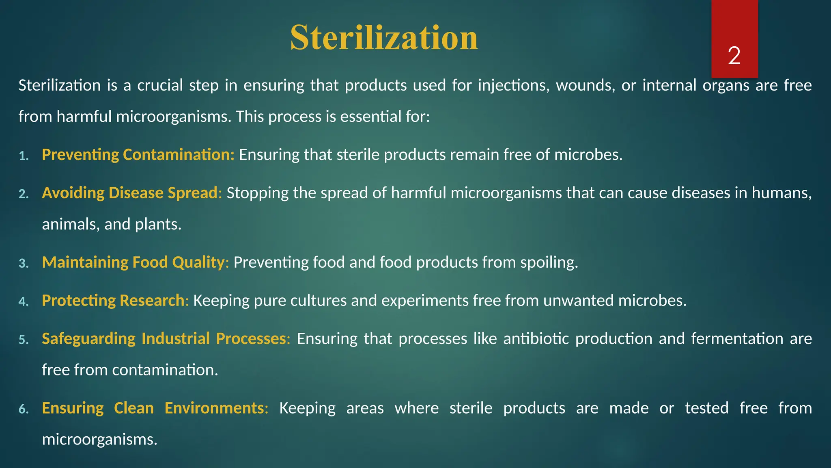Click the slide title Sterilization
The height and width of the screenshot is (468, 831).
[384, 37]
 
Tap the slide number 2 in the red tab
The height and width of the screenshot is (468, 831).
[734, 56]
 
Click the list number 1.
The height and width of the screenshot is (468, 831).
[24, 156]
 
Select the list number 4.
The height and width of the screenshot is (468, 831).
[24, 302]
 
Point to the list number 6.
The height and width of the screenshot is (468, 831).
[24, 409]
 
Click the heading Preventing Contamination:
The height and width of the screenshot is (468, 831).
[138, 155]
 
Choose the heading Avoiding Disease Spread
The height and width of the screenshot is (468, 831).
[130, 193]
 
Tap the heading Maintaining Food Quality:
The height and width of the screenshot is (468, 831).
[136, 262]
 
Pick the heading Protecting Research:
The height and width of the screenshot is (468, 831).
[115, 301]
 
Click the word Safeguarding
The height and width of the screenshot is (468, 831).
[88, 339]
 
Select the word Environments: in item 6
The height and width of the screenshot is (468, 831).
[216, 408]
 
